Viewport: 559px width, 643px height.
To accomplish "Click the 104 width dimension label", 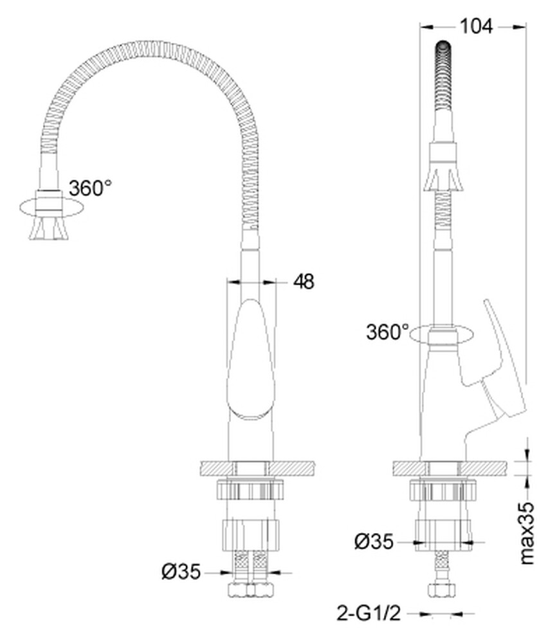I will (475, 26).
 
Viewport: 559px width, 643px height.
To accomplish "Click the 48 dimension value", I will (304, 281).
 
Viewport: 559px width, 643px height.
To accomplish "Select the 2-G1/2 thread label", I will (369, 614).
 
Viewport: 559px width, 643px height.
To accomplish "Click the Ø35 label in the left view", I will (181, 571).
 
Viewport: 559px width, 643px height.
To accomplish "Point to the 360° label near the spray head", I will (90, 188).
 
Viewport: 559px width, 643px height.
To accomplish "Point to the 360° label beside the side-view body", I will (387, 332).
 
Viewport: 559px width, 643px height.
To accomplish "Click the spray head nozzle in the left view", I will (48, 228).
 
